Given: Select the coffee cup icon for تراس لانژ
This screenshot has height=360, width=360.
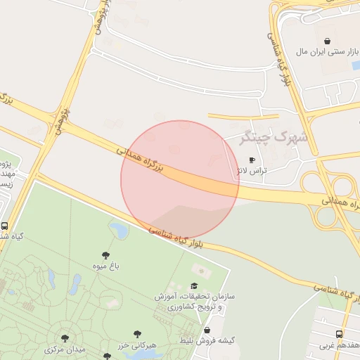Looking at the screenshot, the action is (252, 160).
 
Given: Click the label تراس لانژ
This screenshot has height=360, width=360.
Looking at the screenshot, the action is (252, 171).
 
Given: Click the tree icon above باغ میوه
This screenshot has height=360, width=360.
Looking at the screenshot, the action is (105, 255).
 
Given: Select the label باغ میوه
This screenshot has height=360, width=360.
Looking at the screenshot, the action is (105, 266).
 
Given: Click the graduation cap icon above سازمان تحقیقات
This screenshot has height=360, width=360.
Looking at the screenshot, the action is (195, 286).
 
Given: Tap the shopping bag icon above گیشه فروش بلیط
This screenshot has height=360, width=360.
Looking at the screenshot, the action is (207, 330).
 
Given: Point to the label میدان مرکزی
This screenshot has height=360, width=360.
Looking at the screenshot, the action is (65, 349).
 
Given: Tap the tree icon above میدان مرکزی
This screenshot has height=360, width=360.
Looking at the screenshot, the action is (65, 339).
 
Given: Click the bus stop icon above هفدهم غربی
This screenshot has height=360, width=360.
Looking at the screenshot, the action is (340, 334).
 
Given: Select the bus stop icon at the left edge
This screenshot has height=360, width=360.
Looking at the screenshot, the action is (5, 227).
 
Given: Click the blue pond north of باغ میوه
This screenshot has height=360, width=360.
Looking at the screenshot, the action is (119, 230).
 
